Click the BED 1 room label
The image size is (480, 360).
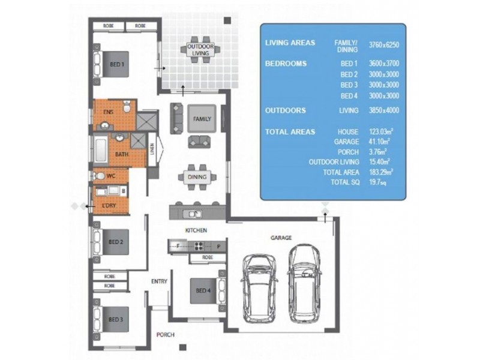click(117, 65)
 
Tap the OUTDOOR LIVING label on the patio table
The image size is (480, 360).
click(200, 50)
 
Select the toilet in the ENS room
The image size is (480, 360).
click(127, 107)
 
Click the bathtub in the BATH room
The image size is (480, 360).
click(100, 151)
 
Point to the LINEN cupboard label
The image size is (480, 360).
click(152, 149)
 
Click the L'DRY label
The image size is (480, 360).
click(109, 205)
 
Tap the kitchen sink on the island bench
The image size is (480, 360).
click(192, 214)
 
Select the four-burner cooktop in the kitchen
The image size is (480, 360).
click(199, 246)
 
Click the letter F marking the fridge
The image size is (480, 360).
click(178, 246)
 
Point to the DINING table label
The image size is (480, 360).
click(197, 177)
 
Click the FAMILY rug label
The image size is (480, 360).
click(202, 119)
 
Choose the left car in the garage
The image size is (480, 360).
click(259, 289)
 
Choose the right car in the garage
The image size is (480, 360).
click(304, 284)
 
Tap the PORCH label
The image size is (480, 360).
click(166, 335)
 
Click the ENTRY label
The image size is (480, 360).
click(159, 281)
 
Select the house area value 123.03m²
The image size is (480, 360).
click(381, 131)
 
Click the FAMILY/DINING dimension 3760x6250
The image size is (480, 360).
click(384, 45)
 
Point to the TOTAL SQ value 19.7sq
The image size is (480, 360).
click(378, 182)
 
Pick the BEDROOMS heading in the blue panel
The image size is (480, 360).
click(286, 64)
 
